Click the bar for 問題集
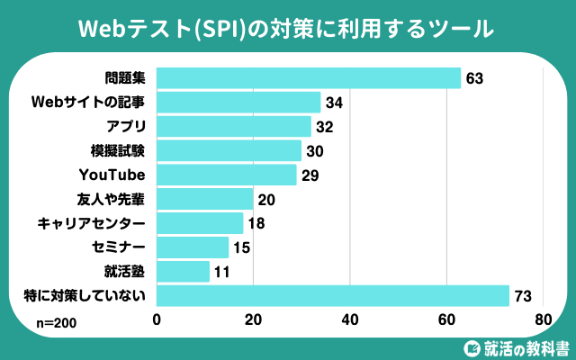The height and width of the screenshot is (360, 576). [x=309, y=78]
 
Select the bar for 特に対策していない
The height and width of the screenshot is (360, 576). [x=333, y=296]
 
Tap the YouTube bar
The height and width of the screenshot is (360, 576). [x=227, y=175]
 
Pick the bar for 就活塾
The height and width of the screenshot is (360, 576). [x=184, y=272]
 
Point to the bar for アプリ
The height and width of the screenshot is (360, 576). [x=234, y=126]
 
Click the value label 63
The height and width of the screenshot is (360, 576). [x=475, y=78]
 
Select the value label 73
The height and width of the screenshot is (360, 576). [x=524, y=296]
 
